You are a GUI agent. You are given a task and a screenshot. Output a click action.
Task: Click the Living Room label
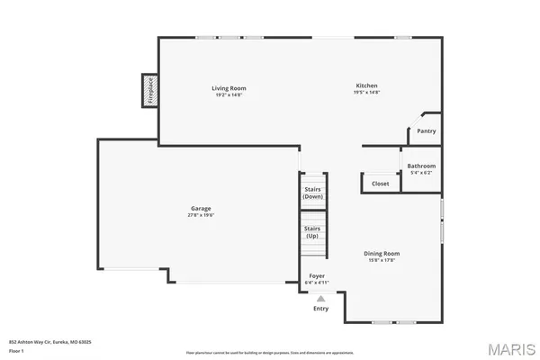229,88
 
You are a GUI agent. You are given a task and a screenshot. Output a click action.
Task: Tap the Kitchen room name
366,85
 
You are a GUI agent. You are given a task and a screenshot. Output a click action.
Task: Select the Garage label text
200,209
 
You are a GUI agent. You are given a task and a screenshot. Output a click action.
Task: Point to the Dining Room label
381,254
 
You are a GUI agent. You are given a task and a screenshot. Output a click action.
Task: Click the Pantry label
426,131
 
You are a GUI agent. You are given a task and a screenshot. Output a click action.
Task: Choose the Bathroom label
421,166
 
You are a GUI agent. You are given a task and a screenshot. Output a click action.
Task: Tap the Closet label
380,184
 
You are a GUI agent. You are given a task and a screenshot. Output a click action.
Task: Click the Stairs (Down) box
312,193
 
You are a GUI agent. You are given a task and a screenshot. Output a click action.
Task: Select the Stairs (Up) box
312,232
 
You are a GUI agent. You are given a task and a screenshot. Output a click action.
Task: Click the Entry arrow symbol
319,298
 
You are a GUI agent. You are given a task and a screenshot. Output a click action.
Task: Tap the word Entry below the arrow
320,309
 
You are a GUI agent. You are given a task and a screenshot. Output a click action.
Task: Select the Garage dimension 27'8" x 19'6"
200,215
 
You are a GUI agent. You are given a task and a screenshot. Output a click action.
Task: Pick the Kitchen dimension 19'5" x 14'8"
366,92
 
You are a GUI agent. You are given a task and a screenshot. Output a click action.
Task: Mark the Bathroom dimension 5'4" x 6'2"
421,172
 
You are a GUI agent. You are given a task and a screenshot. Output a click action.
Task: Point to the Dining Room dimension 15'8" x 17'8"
381,260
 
